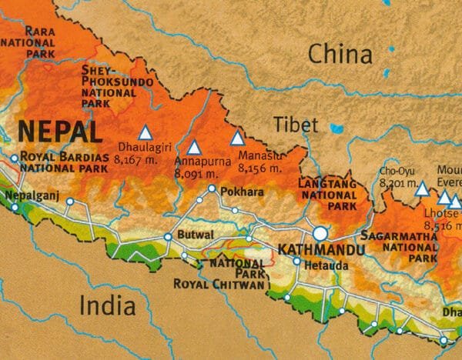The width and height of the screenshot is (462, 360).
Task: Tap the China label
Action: point(340,54)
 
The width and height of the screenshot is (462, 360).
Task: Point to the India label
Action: point(108,305)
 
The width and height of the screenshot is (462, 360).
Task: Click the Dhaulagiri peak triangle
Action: point(145,132)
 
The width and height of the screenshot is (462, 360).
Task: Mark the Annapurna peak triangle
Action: point(195,146)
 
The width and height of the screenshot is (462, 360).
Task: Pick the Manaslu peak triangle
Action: point(237,138)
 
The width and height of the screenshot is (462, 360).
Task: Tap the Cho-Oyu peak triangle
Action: point(422,187)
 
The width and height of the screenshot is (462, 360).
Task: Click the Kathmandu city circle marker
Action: point(320,232)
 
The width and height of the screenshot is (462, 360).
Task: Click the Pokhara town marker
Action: point(212,188)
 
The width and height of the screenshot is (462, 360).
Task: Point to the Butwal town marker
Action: point(169,237)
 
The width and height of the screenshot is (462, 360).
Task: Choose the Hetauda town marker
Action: point(296,262)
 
